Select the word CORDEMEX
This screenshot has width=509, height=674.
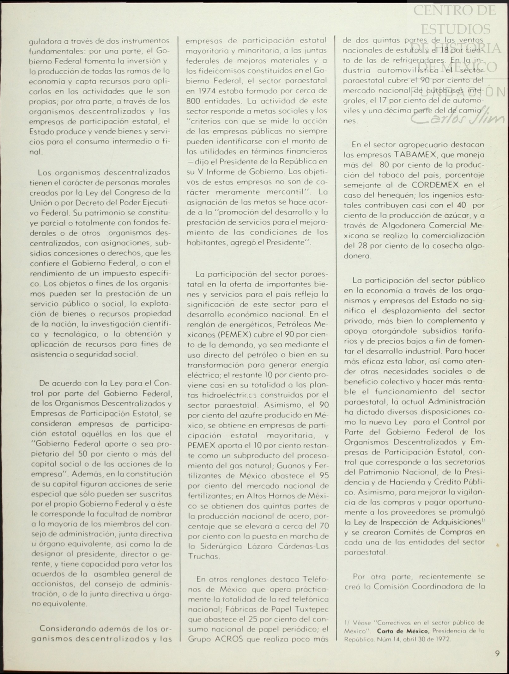[438, 185]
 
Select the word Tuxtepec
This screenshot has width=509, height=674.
[311, 609]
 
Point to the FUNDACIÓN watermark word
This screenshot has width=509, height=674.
[458, 92]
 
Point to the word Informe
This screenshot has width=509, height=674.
[222, 172]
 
